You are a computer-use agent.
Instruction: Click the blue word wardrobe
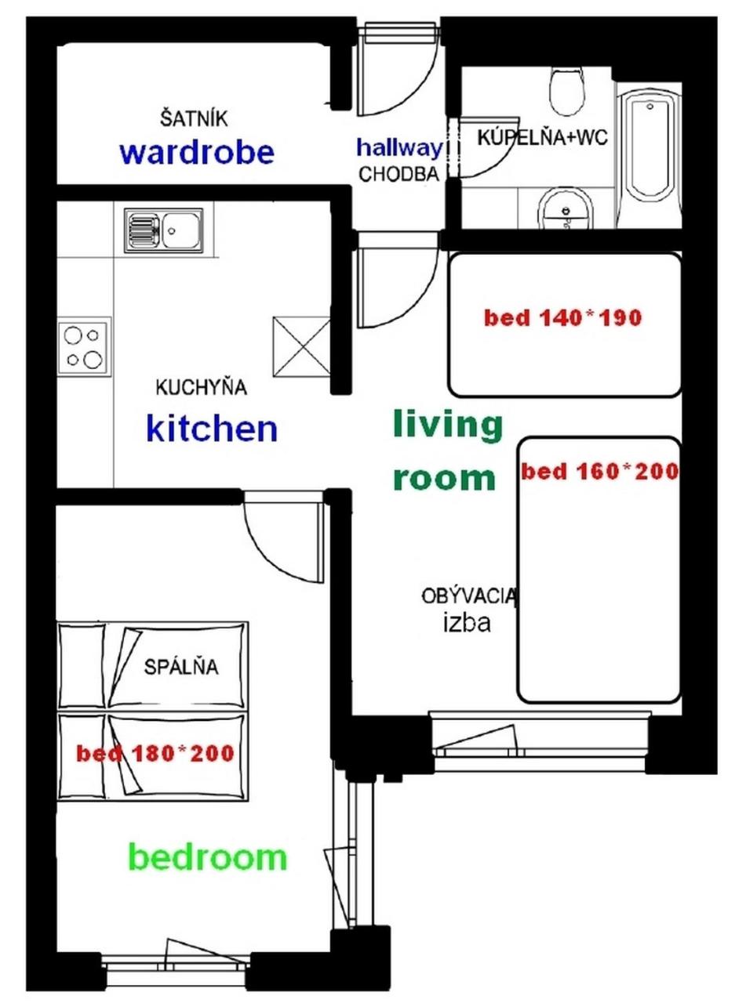(x=197, y=152)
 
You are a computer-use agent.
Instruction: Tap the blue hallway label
(x=400, y=148)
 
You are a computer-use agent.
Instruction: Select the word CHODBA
(x=399, y=174)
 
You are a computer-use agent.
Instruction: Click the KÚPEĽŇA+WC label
(x=543, y=137)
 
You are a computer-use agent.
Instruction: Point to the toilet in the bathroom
(x=567, y=92)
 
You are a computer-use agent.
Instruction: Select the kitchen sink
(x=163, y=230)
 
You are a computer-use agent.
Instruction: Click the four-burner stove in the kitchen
(x=84, y=347)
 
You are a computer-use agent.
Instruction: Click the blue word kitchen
(x=212, y=429)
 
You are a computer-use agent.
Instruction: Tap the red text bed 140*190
(x=563, y=318)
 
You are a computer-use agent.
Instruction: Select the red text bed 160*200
(x=600, y=472)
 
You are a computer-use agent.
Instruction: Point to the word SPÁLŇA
(x=181, y=667)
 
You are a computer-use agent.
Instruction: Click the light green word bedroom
(x=208, y=857)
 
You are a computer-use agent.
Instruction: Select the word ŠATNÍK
(x=193, y=119)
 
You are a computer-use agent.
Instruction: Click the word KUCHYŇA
(x=201, y=387)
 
